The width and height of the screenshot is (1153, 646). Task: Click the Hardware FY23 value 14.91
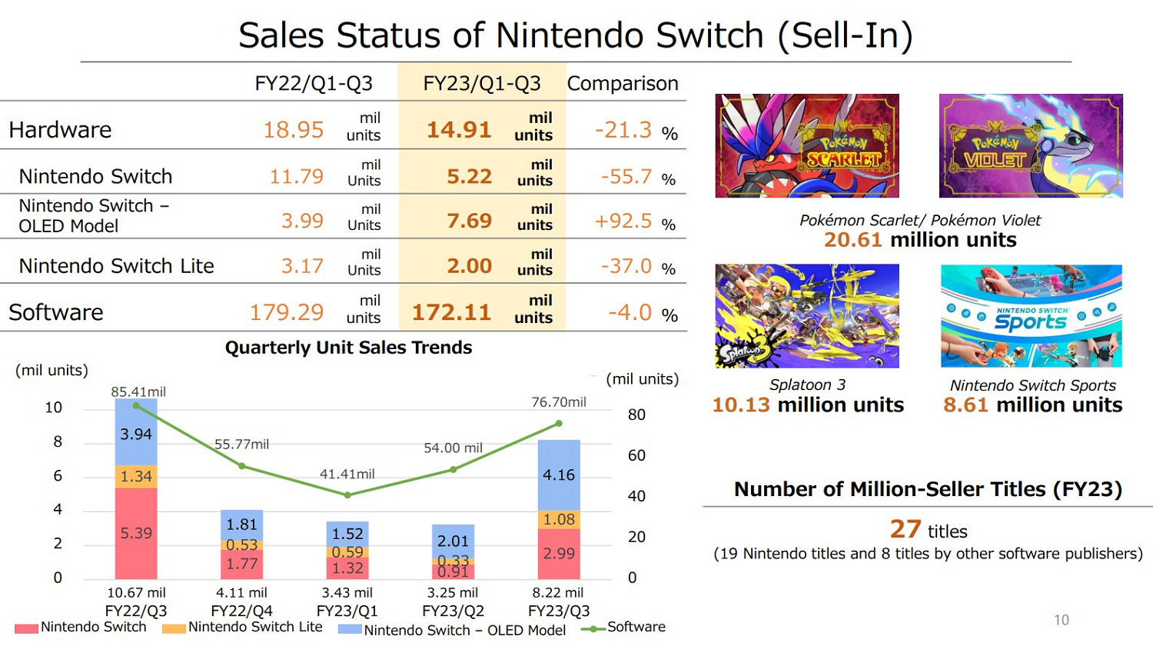[459, 129]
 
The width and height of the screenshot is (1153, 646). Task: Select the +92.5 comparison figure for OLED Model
[623, 221]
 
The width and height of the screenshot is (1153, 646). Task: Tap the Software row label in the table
[56, 312]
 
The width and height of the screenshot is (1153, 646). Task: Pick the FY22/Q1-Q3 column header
[314, 83]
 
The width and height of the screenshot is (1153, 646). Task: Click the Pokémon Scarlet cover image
[807, 146]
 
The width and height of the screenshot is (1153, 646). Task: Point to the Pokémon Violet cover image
[1031, 146]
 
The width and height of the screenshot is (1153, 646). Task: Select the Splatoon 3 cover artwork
[807, 316]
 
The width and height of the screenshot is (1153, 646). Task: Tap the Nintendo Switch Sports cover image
[1031, 316]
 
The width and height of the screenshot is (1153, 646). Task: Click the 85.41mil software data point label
[138, 391]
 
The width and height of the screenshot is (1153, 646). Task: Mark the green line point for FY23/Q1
[348, 495]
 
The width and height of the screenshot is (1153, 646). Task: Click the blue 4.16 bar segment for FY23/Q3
[559, 475]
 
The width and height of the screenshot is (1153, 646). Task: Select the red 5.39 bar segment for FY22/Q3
[136, 533]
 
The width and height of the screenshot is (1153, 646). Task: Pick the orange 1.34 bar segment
[136, 477]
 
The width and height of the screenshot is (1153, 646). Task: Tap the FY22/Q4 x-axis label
[242, 611]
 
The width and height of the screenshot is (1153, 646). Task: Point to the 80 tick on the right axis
[636, 415]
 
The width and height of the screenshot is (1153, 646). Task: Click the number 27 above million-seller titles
[905, 529]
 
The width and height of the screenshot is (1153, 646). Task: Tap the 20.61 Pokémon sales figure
[852, 240]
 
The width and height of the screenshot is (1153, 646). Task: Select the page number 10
[1062, 620]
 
